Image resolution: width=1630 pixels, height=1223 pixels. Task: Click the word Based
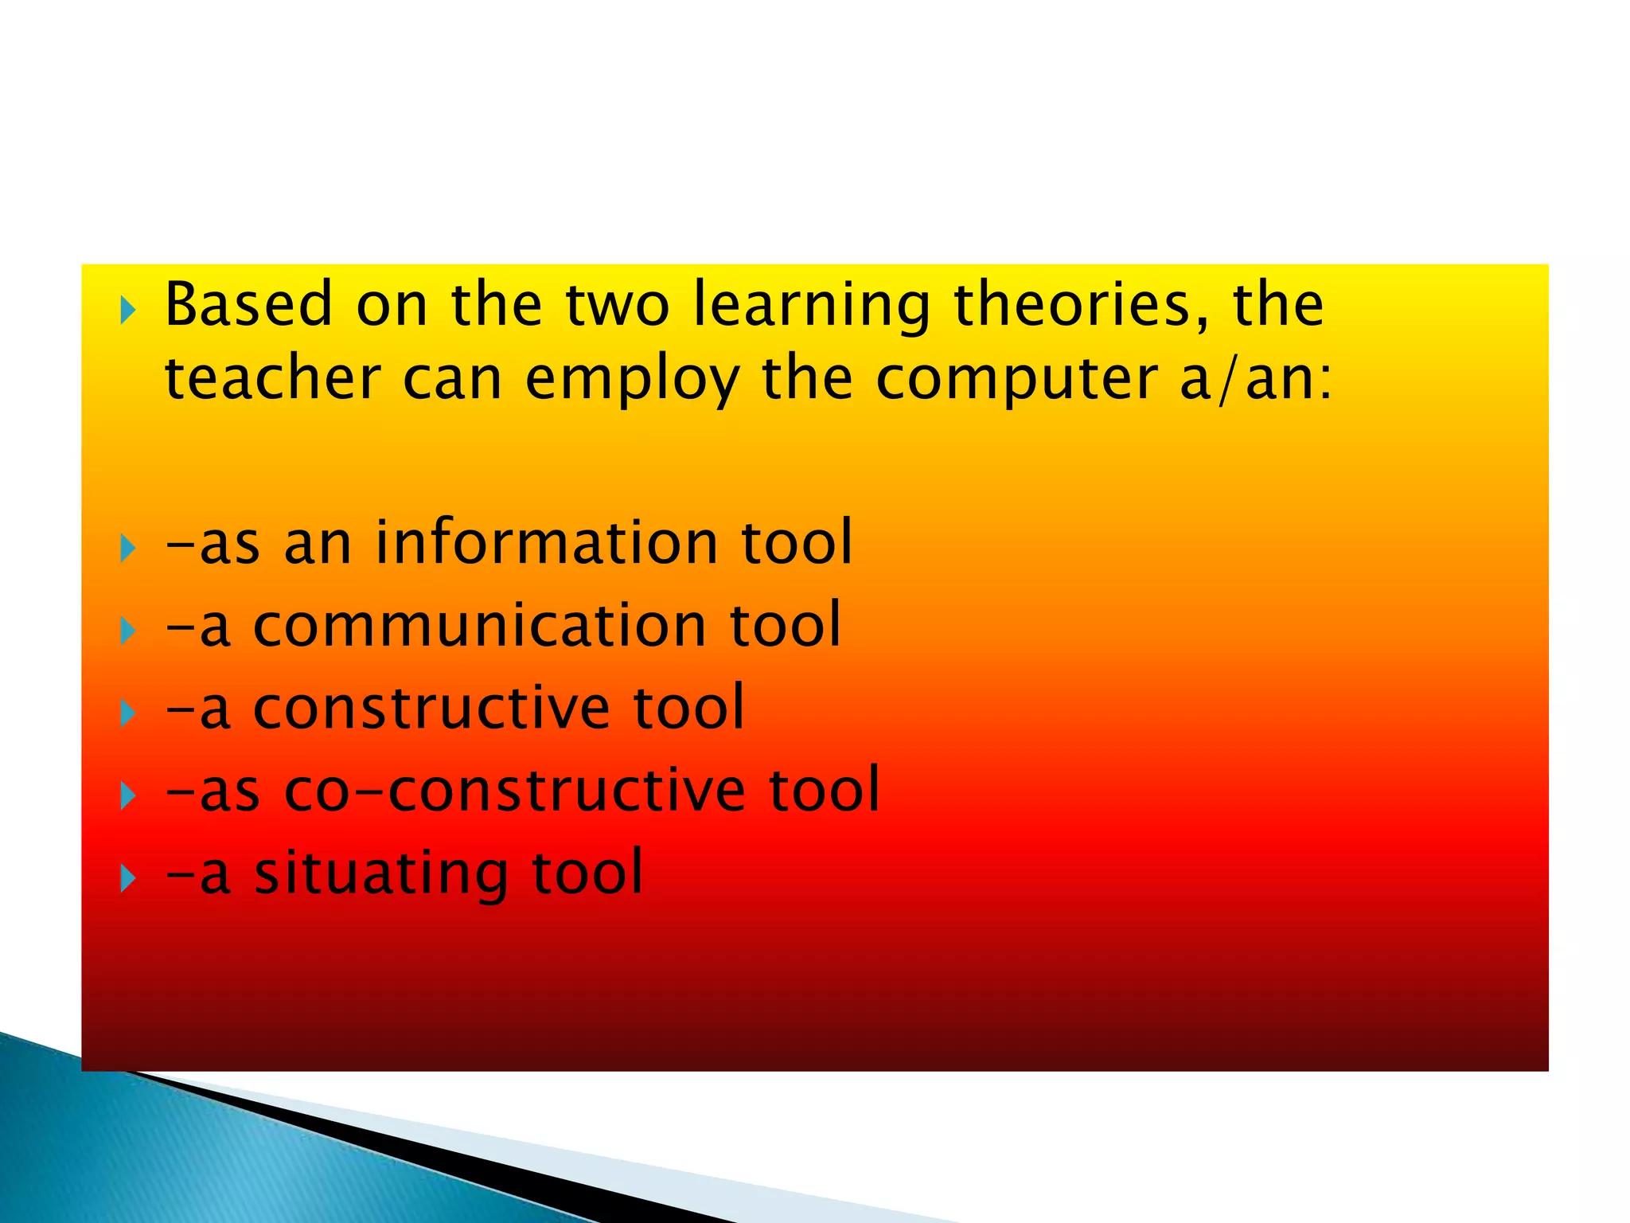pos(248,305)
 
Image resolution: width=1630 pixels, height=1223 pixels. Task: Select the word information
pos(547,542)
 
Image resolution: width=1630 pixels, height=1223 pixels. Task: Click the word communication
pos(479,625)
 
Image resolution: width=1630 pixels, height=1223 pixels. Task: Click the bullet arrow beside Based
pos(128,311)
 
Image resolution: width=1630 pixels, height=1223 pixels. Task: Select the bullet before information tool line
pos(128,548)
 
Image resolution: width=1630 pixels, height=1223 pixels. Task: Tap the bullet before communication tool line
pos(128,631)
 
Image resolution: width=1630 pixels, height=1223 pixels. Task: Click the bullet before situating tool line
pos(128,878)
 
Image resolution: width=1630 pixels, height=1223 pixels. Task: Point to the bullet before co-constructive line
pos(128,795)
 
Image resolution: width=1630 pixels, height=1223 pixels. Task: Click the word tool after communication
pos(785,625)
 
